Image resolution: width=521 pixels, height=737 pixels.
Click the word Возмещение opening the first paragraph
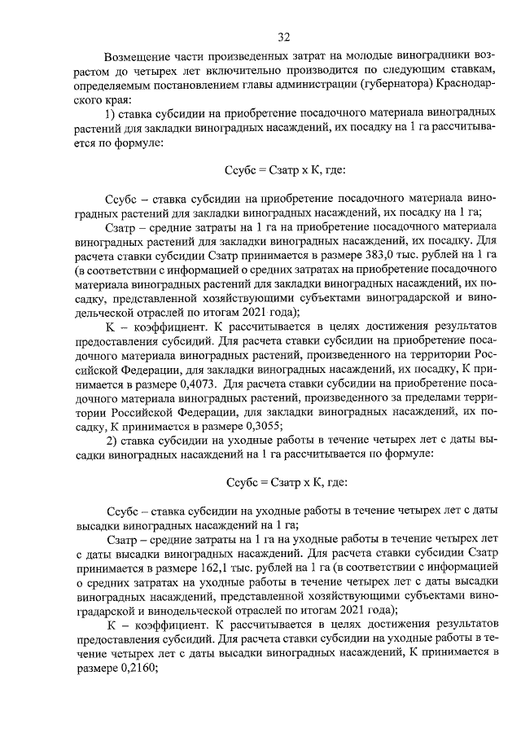point(138,56)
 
